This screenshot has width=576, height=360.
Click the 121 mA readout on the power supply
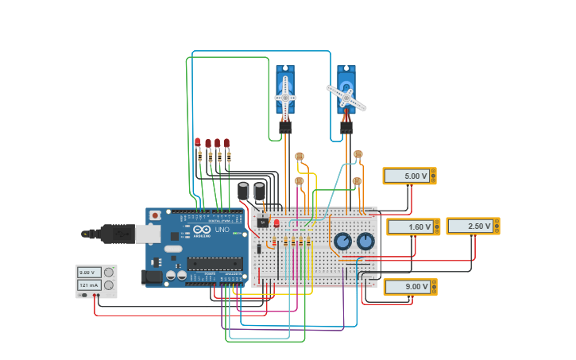(x=89, y=285)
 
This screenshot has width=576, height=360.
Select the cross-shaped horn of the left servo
(x=285, y=98)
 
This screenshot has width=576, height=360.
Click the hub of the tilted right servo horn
(x=346, y=97)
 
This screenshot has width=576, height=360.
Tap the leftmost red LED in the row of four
(x=198, y=142)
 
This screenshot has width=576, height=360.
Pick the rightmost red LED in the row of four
(x=226, y=143)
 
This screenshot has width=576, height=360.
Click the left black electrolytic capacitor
(x=243, y=191)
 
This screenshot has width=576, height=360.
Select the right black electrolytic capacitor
(x=260, y=191)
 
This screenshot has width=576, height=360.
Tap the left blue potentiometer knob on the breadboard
(x=342, y=241)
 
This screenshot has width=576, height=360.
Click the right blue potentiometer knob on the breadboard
(x=365, y=241)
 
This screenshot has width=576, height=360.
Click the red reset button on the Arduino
(x=155, y=215)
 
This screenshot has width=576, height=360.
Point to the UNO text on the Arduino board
(x=222, y=230)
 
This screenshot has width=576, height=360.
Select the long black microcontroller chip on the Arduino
(x=215, y=263)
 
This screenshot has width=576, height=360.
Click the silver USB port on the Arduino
(x=147, y=233)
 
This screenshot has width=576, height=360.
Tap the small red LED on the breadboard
(x=276, y=223)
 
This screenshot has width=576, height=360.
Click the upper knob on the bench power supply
(x=109, y=273)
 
